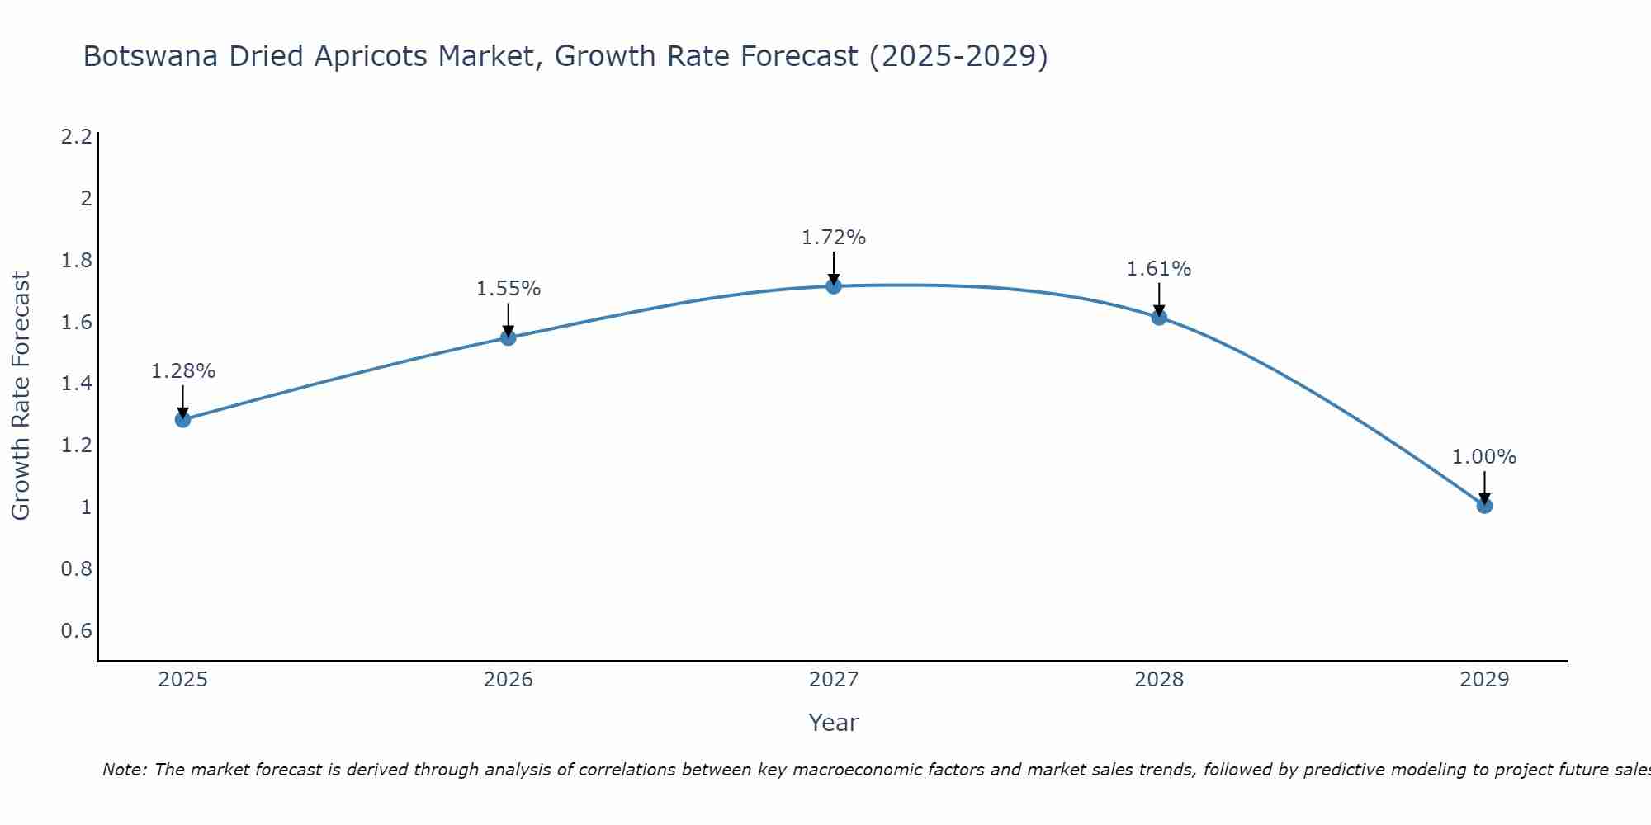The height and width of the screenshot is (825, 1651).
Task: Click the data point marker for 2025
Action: point(182,419)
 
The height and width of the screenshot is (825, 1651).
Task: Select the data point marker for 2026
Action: point(509,337)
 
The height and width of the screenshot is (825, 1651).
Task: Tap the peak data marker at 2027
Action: point(834,286)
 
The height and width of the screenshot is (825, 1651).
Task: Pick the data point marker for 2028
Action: point(1159,317)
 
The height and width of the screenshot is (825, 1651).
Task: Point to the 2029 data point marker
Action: point(1484,505)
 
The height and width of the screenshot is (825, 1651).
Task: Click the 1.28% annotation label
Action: point(182,371)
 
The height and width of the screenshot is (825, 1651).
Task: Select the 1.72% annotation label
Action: point(834,238)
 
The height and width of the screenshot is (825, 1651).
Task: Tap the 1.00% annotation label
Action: point(1484,457)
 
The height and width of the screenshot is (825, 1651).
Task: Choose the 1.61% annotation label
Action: point(1159,269)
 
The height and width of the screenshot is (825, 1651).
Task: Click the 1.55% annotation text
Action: point(509,289)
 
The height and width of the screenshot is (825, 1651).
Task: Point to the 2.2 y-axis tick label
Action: point(76,137)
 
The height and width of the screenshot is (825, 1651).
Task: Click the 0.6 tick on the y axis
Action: point(76,631)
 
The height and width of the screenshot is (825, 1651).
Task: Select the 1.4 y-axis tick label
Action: point(76,384)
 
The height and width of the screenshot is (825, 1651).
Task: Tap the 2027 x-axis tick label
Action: point(834,680)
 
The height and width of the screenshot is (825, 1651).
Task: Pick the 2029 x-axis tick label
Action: point(1484,680)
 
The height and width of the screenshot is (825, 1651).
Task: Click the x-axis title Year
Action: point(834,723)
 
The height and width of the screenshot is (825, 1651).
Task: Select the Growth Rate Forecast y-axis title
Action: point(21,396)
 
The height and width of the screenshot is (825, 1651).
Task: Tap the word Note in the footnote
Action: point(124,770)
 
